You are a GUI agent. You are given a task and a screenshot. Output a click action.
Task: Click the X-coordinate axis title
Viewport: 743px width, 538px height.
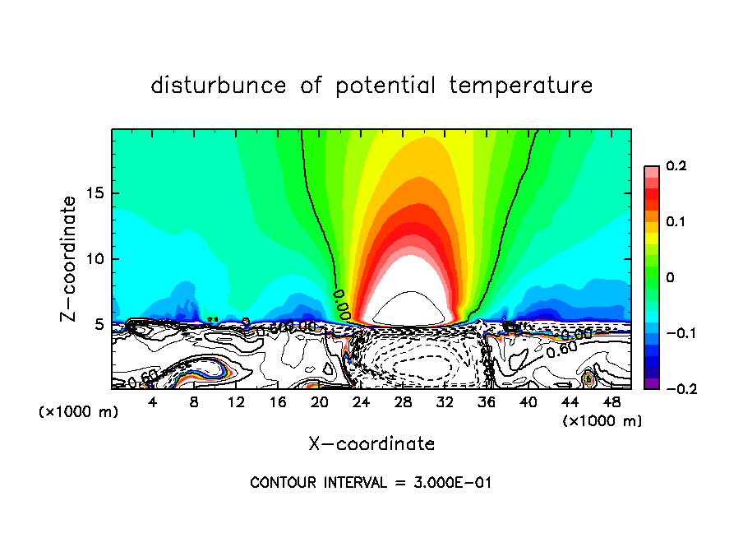371,444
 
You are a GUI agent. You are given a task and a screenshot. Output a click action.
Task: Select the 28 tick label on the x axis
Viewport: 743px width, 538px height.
403,402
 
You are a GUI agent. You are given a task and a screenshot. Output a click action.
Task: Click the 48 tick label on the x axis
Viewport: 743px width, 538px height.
611,402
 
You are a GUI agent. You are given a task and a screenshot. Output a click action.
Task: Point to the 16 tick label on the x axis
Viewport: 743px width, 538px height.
278,402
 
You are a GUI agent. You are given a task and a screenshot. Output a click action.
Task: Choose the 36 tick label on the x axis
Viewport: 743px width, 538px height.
487,402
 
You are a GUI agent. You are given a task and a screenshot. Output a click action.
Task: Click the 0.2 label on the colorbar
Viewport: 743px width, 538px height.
676,166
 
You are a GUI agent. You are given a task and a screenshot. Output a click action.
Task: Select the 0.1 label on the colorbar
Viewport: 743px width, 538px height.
676,221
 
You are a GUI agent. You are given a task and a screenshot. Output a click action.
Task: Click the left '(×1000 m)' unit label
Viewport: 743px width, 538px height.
79,412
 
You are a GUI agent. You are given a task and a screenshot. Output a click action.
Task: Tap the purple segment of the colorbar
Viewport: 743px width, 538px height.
652,383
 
